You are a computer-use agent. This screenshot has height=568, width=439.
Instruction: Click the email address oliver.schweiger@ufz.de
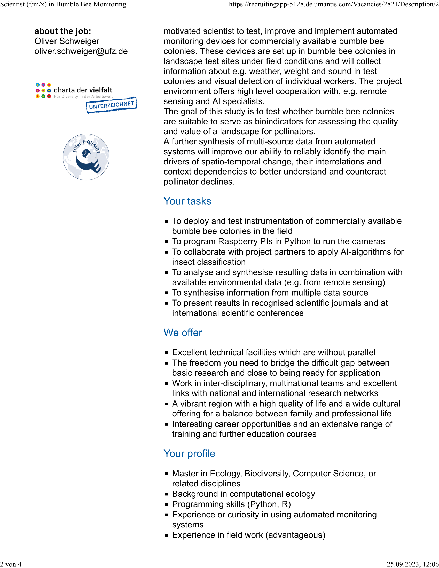[x=81, y=51]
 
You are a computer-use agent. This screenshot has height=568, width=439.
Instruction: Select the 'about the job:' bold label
[x=63, y=31]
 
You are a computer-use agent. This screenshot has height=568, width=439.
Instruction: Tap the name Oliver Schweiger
[x=67, y=41]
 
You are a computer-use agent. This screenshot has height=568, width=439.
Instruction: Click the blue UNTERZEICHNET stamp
[x=111, y=105]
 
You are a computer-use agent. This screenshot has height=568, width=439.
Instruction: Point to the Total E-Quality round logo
[x=86, y=157]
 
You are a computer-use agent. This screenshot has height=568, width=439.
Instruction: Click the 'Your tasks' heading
[x=187, y=201]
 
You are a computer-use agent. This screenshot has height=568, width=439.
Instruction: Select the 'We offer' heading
[x=183, y=333]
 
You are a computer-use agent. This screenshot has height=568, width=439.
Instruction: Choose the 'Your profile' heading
[x=189, y=454]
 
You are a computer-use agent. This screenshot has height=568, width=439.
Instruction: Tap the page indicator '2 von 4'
[x=11, y=564]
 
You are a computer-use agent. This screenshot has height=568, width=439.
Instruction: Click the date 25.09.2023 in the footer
[x=403, y=564]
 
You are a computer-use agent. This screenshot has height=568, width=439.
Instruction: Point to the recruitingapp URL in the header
[x=334, y=4]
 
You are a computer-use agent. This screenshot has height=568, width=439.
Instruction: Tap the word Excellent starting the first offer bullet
[x=190, y=352]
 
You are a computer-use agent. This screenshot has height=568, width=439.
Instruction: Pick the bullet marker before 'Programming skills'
[x=166, y=504]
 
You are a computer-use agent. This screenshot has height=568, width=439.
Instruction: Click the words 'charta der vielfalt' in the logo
[x=83, y=90]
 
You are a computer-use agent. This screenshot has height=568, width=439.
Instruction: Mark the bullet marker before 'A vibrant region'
[x=166, y=404]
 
